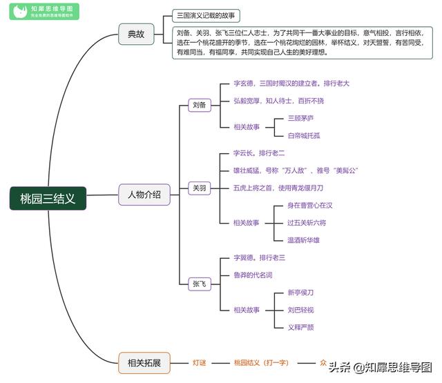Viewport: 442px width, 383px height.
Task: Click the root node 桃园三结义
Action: click(x=48, y=198)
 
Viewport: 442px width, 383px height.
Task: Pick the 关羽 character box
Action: click(x=198, y=188)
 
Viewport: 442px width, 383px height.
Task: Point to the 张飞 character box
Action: click(x=198, y=284)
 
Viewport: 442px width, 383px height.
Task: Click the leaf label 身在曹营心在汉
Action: click(x=311, y=205)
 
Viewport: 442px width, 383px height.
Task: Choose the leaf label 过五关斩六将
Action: click(x=307, y=222)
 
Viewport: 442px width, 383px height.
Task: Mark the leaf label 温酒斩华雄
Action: click(x=304, y=239)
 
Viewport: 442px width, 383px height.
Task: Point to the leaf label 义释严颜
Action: click(x=300, y=327)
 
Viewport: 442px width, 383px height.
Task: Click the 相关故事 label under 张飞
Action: click(x=247, y=310)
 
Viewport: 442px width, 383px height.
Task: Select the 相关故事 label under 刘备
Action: click(x=247, y=127)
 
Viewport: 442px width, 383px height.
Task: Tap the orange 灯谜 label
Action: click(x=199, y=362)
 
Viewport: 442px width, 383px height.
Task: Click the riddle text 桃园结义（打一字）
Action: click(x=266, y=362)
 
